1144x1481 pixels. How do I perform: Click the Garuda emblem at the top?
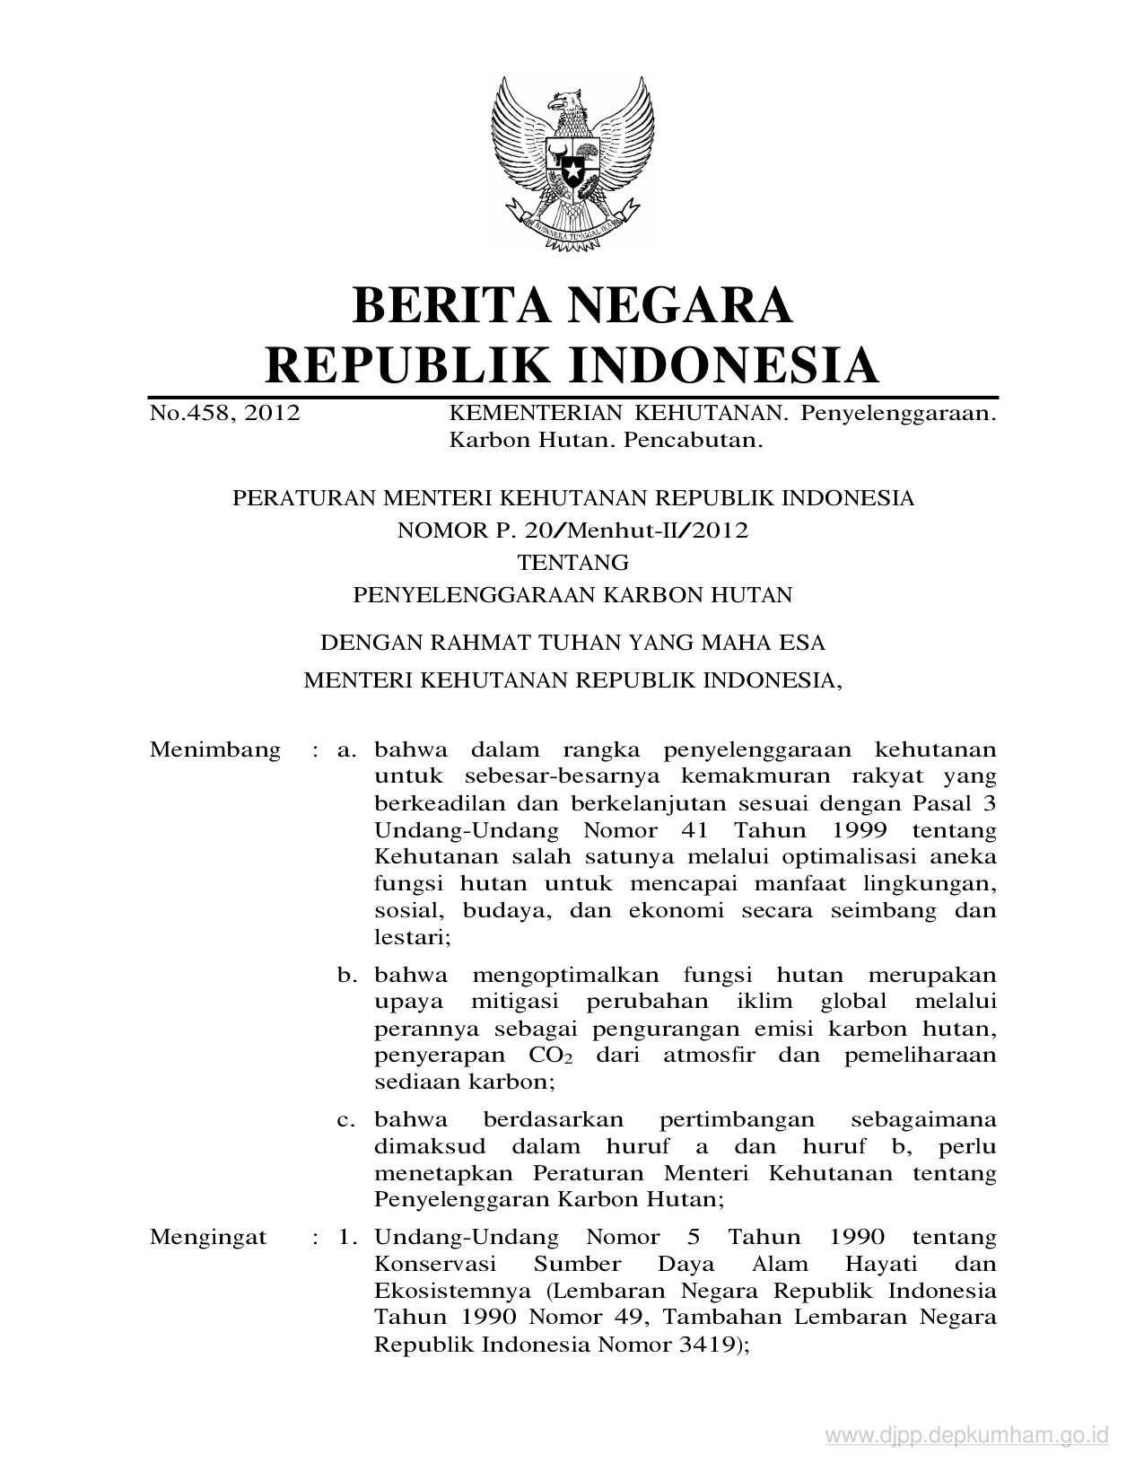point(571,161)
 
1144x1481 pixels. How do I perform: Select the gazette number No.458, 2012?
point(224,414)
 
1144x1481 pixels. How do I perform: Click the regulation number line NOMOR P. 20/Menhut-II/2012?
point(572,530)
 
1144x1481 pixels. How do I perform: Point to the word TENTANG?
point(572,562)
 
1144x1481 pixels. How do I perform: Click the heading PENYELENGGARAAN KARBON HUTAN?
point(572,594)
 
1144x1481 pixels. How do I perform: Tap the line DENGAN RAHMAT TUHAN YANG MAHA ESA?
point(572,643)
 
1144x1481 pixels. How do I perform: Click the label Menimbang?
point(214,749)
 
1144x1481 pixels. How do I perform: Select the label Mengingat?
point(208,1238)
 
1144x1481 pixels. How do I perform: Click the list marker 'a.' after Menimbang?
point(347,749)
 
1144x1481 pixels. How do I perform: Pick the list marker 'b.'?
point(347,975)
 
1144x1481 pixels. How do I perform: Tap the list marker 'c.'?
point(347,1120)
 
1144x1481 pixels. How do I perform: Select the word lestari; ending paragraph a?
point(412,938)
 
